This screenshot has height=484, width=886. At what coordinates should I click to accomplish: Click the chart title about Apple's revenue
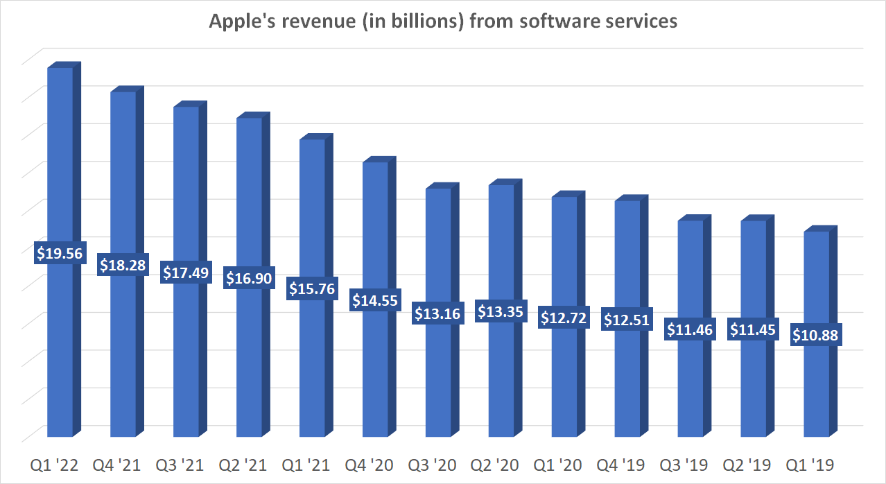(x=443, y=21)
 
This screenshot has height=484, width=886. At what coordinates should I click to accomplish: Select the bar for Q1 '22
(x=60, y=347)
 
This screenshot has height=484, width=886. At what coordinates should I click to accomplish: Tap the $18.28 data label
(x=123, y=265)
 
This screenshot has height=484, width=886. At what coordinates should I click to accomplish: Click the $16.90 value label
(x=249, y=279)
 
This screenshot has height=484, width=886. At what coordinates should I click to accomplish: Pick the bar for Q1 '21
(x=312, y=368)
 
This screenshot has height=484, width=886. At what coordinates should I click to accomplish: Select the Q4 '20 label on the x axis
(x=374, y=465)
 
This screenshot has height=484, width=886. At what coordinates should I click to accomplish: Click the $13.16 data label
(x=437, y=313)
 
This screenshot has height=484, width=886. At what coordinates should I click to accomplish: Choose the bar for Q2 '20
(x=501, y=381)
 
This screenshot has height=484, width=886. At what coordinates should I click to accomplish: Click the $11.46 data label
(x=690, y=329)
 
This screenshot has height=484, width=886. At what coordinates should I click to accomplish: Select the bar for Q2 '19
(x=753, y=388)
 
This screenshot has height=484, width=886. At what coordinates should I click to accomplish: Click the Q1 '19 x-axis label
(x=815, y=465)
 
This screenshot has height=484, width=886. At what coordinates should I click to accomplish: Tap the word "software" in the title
(x=519, y=21)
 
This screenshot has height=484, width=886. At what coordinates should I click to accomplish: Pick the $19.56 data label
(x=59, y=254)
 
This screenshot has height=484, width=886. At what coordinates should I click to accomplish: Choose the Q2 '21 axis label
(x=248, y=465)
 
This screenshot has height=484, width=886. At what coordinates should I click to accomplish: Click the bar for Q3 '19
(x=690, y=388)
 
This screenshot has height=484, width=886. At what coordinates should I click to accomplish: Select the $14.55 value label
(x=375, y=301)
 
